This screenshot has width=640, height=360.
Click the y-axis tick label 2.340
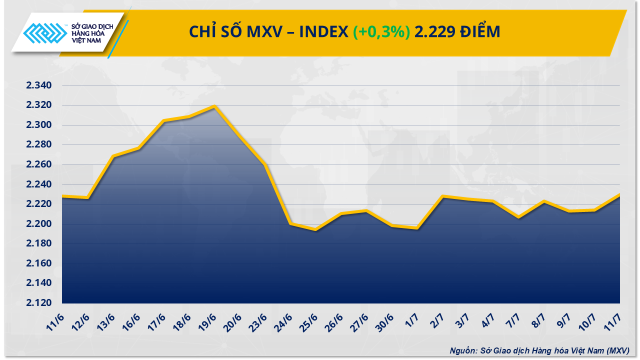pyautogui.click(x=39, y=86)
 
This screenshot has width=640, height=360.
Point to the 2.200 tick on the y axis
pyautogui.click(x=39, y=224)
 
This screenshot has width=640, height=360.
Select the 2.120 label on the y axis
pyautogui.click(x=39, y=303)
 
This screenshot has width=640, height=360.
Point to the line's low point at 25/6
pyautogui.click(x=315, y=229)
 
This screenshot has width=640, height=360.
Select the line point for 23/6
pyautogui.click(x=264, y=164)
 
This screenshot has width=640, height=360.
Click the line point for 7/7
pyautogui.click(x=519, y=217)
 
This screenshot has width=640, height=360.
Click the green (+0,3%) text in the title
pyautogui.click(x=381, y=31)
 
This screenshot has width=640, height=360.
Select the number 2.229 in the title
pyautogui.click(x=434, y=31)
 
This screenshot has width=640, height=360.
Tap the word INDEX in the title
pyautogui.click(x=323, y=31)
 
